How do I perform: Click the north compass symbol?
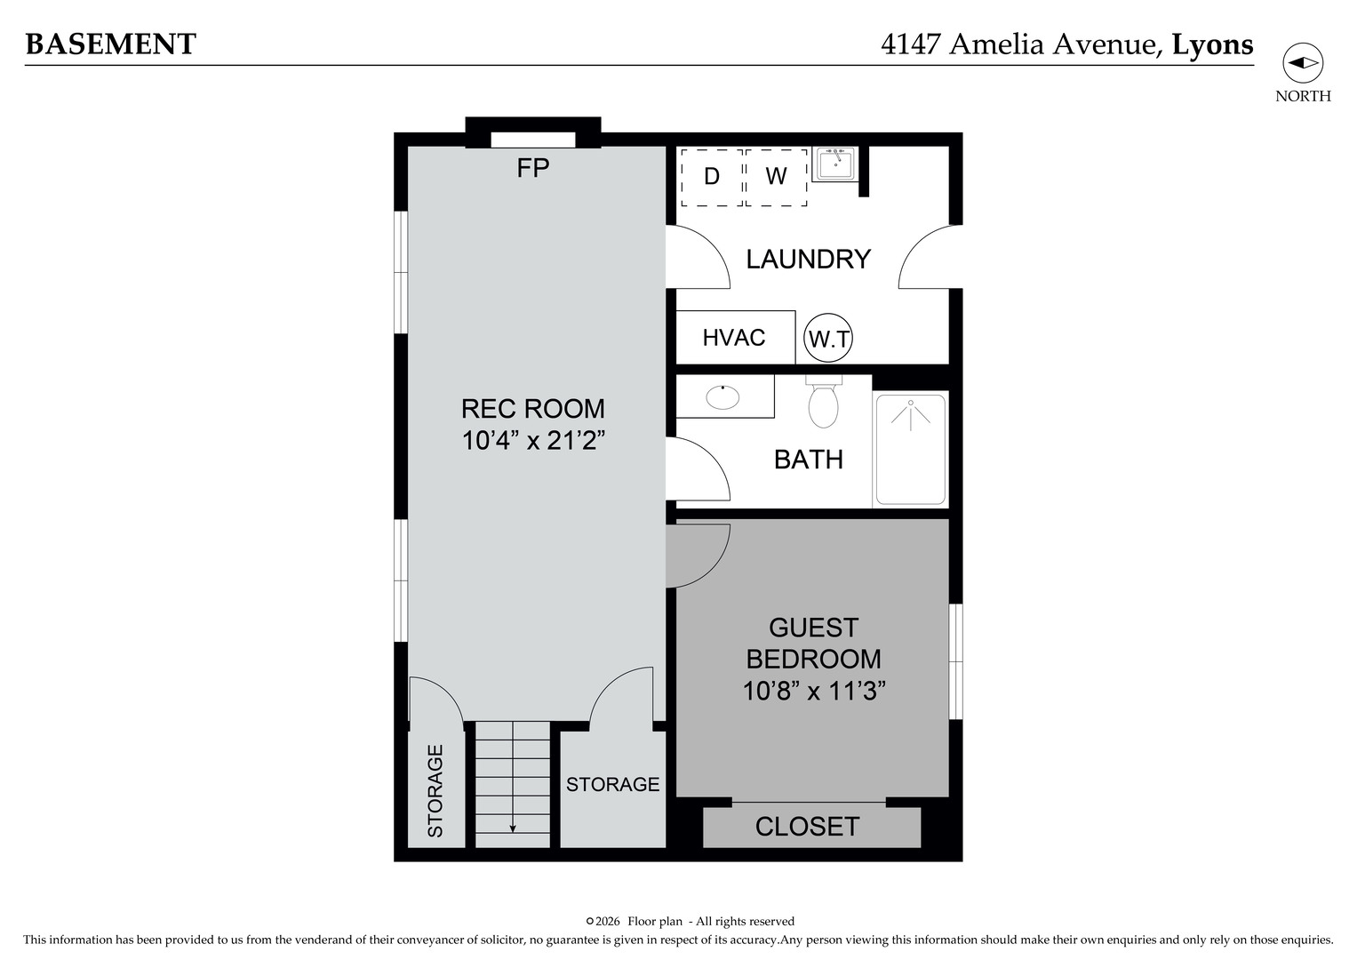(x=1303, y=63)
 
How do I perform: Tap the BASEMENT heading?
(x=110, y=44)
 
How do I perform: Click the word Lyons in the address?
(x=1212, y=44)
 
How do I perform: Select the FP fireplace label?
(x=533, y=168)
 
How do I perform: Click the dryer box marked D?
(x=712, y=177)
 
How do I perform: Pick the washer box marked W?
(x=776, y=177)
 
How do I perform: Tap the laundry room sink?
(x=835, y=164)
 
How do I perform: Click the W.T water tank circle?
(x=828, y=339)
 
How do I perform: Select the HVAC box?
(x=735, y=338)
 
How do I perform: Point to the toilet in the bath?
(x=824, y=405)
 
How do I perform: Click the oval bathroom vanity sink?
(x=722, y=396)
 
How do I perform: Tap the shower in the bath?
(x=910, y=449)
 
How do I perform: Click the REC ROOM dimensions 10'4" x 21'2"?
(x=533, y=440)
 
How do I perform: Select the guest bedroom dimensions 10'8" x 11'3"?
(x=813, y=691)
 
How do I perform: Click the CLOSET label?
(x=807, y=827)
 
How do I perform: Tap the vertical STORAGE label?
(x=435, y=791)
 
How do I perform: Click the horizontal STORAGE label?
(x=612, y=784)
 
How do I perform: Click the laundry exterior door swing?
(x=930, y=259)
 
